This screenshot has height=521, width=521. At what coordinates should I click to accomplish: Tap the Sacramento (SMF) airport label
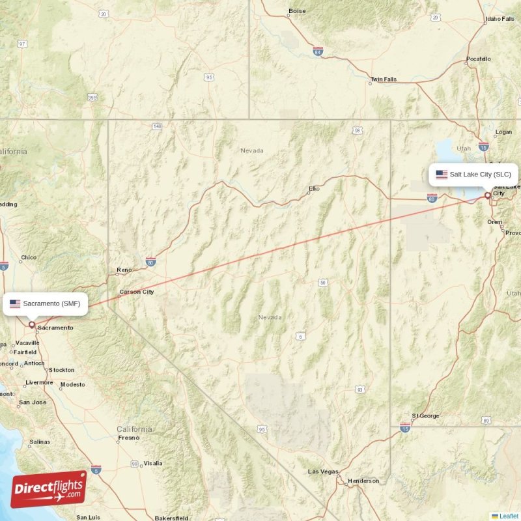click(x=51, y=303)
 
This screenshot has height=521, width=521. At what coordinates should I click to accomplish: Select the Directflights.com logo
click(x=49, y=489)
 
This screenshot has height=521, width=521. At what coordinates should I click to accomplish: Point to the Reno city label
click(x=124, y=270)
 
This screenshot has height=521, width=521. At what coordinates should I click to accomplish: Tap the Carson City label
click(x=137, y=292)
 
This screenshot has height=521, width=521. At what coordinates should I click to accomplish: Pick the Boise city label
click(x=297, y=11)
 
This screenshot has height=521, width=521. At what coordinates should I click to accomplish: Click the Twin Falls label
click(x=383, y=79)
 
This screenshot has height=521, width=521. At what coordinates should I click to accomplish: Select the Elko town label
click(x=315, y=189)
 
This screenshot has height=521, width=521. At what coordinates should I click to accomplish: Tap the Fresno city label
click(x=129, y=438)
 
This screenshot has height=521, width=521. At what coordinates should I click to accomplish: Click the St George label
click(x=426, y=415)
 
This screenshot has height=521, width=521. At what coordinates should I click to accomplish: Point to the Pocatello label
click(x=479, y=59)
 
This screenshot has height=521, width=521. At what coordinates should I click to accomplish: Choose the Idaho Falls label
click(x=500, y=20)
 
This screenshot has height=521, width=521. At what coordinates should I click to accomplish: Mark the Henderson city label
click(x=363, y=481)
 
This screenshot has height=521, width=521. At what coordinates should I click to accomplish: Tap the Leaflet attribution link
click(x=509, y=516)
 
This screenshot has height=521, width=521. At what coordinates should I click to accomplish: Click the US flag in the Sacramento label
click(x=15, y=303)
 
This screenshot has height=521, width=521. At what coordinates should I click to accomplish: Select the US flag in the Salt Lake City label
click(x=442, y=175)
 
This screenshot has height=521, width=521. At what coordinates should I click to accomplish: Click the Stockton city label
click(x=62, y=370)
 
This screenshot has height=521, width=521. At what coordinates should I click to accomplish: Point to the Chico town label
click(x=29, y=257)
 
